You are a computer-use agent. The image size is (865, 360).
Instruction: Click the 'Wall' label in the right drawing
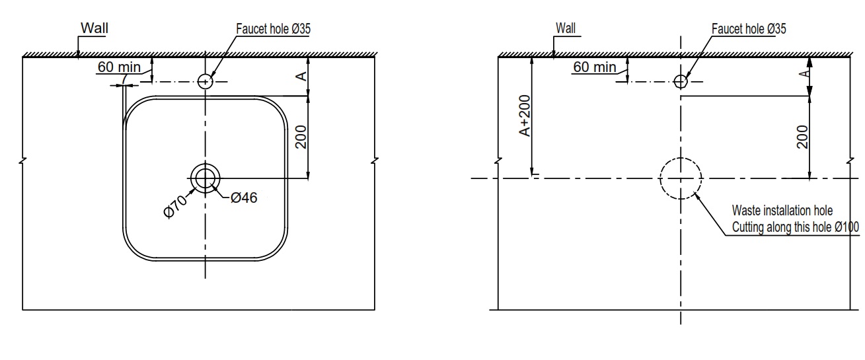point(566,28)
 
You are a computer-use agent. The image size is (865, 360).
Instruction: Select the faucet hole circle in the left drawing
point(206,81)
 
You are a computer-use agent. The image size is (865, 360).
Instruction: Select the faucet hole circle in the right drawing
point(681,81)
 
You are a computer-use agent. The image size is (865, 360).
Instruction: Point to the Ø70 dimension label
point(176,205)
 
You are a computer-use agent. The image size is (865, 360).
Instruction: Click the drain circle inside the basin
point(206,178)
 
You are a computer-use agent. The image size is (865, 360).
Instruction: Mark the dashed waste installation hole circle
point(681,178)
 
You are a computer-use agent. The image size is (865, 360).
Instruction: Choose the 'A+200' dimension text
point(524,117)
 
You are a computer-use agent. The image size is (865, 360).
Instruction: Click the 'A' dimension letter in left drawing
point(300,77)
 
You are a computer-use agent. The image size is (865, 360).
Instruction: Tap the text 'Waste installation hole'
point(782,211)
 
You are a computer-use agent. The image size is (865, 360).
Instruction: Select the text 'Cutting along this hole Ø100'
point(795,227)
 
